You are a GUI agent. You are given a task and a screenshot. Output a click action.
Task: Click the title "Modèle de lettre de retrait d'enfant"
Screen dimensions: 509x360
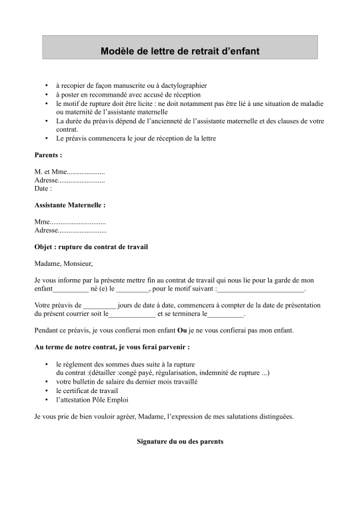tap(179, 50)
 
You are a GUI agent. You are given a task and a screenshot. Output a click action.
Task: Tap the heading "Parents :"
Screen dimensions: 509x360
tap(48, 155)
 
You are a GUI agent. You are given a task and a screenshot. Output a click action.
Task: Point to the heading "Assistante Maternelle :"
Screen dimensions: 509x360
tap(70, 205)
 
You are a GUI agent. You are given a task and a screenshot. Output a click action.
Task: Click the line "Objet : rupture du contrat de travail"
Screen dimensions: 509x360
tap(91, 247)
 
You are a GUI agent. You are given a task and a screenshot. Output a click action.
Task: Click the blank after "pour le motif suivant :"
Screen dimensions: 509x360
tap(261, 290)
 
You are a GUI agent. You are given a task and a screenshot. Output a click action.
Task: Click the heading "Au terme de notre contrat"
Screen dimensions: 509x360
tap(111, 347)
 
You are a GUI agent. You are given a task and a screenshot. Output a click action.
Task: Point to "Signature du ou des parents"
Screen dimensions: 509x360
tap(179, 442)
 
